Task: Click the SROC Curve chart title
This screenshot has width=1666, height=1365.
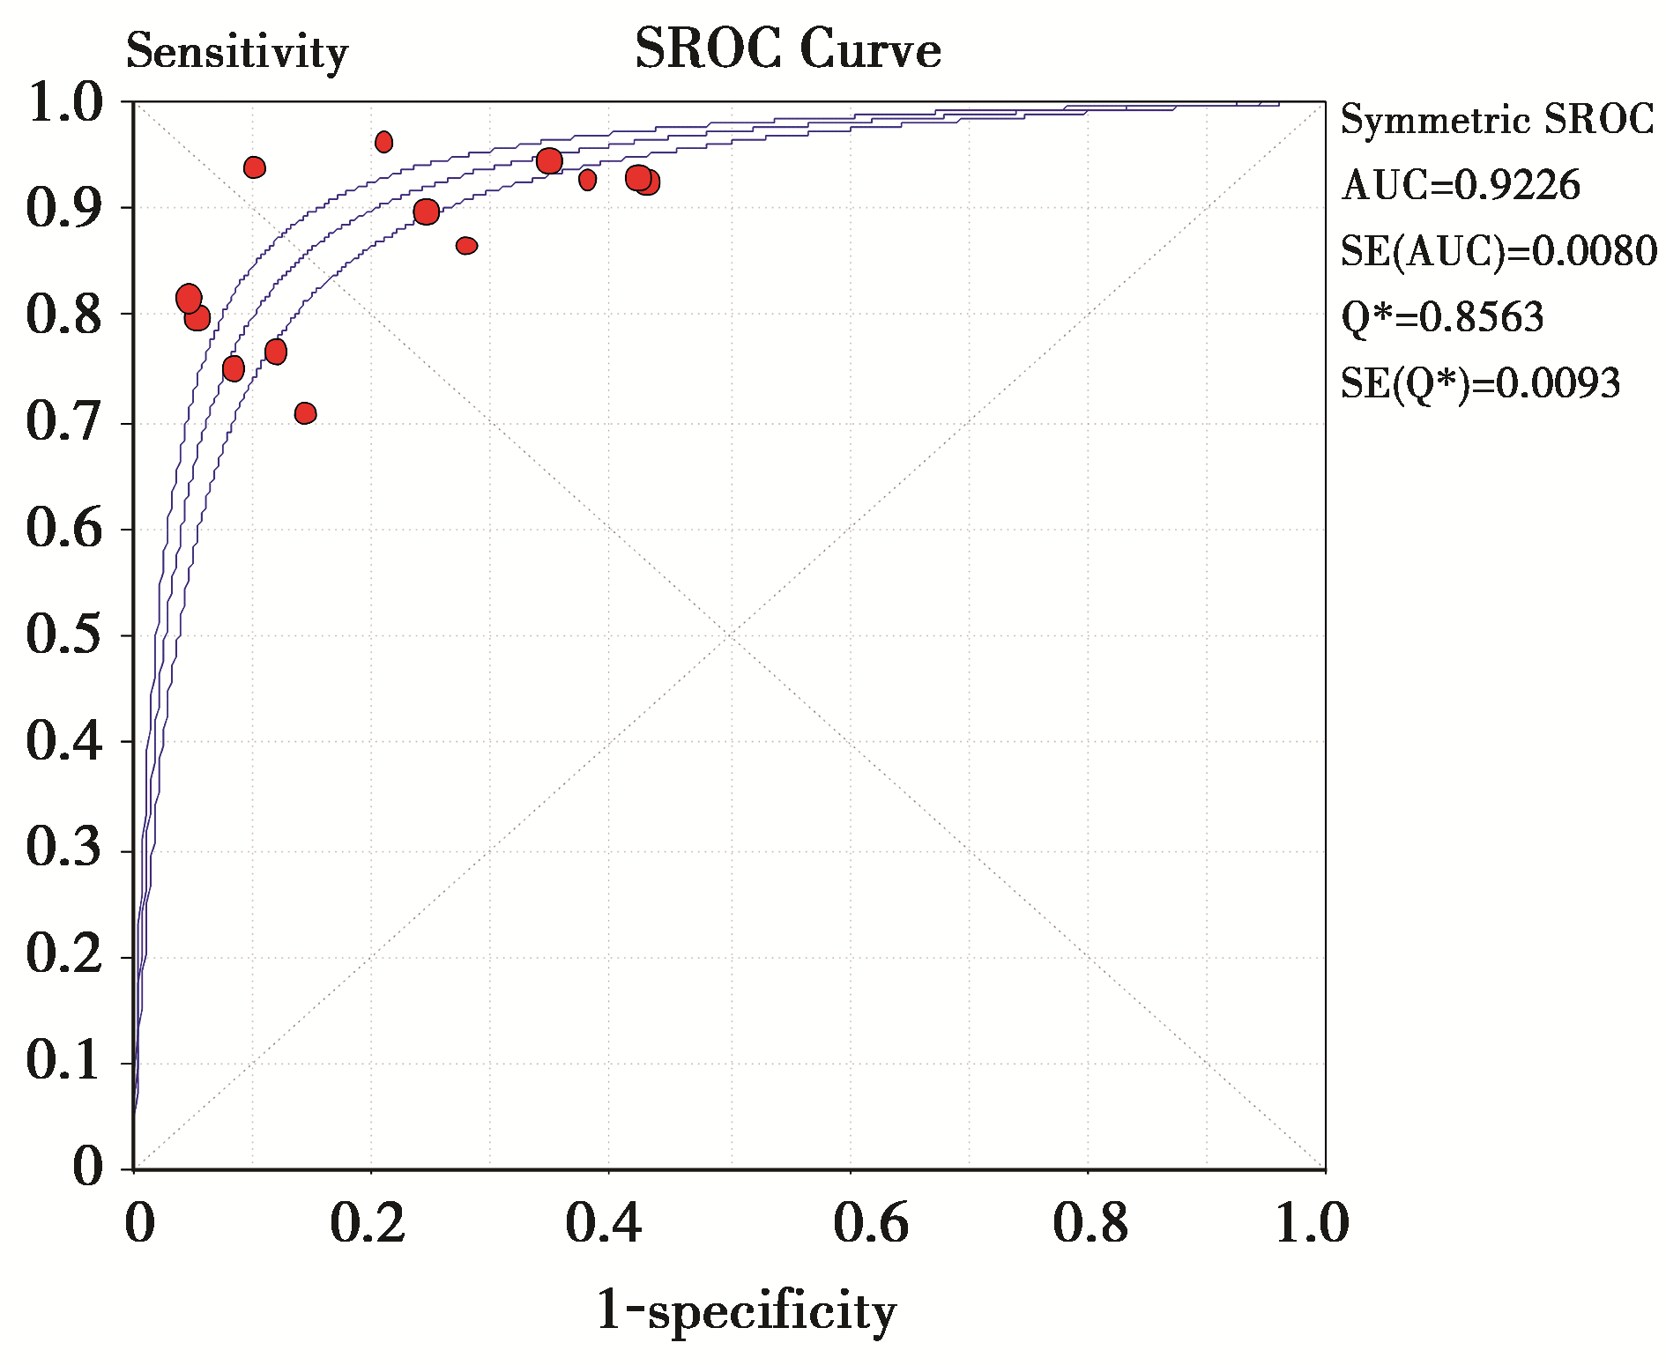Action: tap(787, 50)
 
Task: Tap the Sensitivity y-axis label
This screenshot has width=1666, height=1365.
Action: tap(237, 52)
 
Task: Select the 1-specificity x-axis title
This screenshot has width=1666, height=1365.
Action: tap(746, 1311)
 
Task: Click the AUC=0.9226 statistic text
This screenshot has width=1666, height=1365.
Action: tap(1461, 186)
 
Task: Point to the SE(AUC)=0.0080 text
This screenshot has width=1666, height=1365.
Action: tap(1499, 252)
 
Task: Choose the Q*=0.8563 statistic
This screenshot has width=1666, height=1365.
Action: tap(1442, 317)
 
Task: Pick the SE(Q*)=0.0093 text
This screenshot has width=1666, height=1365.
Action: tap(1480, 383)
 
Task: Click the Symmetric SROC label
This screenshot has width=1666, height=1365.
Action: tap(1497, 120)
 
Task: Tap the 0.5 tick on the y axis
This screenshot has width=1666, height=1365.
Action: tap(63, 635)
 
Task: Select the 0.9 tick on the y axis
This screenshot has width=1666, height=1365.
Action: tap(63, 209)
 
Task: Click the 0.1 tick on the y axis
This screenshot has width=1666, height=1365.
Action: tap(63, 1061)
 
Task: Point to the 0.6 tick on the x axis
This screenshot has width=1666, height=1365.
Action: tap(870, 1224)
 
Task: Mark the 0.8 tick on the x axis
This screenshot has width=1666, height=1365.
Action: tap(1090, 1224)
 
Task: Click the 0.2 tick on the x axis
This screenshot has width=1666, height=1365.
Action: tap(368, 1224)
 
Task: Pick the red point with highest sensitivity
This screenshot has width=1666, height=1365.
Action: tap(383, 142)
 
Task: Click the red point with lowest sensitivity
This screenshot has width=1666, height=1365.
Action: tap(305, 413)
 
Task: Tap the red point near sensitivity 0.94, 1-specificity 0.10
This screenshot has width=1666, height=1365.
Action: tap(255, 167)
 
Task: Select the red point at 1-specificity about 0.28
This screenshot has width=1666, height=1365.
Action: tap(466, 246)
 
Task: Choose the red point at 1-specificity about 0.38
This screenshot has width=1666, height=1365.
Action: tap(587, 180)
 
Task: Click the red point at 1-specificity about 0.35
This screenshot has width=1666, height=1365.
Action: tap(549, 161)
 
